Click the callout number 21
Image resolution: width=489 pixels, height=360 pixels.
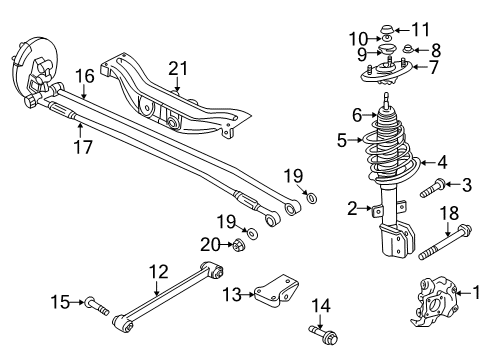[x=178, y=68]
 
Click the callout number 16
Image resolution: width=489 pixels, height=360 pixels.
[x=85, y=74]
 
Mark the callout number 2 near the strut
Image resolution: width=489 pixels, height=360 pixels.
[x=352, y=208]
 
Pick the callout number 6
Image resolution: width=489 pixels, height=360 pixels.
[x=356, y=115]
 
